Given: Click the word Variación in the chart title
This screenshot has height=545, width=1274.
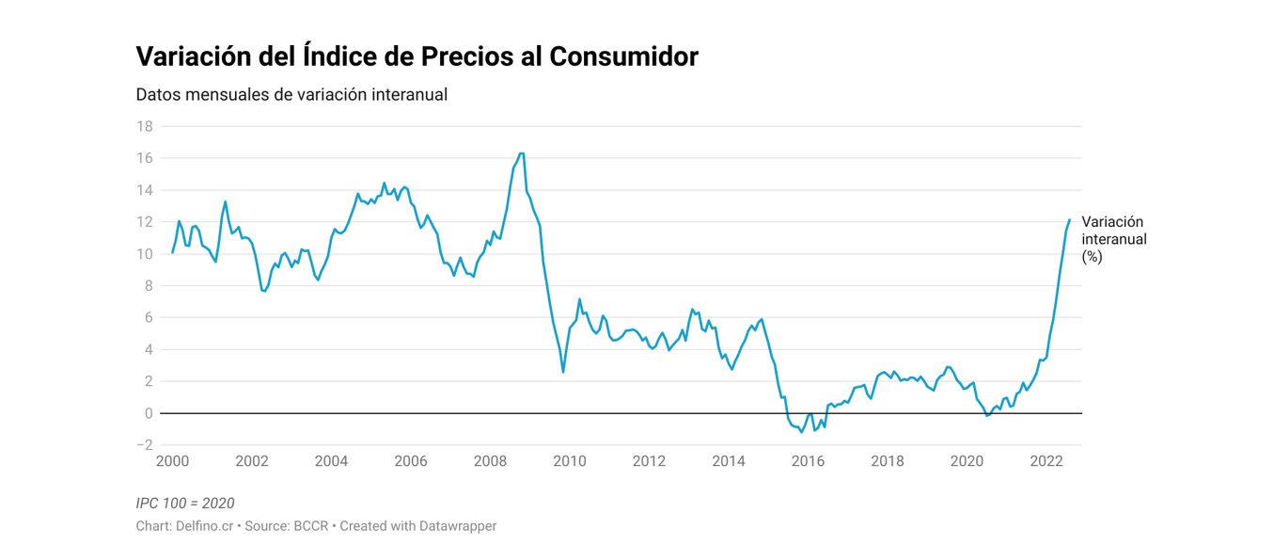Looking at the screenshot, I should click(x=195, y=56).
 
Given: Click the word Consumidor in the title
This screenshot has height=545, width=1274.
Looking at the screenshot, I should click(x=623, y=56).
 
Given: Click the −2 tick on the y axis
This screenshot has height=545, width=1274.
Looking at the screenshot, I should click(x=144, y=445).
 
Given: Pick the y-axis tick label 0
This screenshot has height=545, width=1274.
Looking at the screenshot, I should click(x=149, y=413).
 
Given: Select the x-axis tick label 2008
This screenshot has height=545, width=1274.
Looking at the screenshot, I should click(x=490, y=461).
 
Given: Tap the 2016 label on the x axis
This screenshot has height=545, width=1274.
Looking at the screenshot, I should click(x=808, y=461).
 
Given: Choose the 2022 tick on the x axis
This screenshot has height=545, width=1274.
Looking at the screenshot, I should click(x=1046, y=461).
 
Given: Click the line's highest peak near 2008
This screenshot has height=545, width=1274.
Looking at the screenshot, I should click(x=522, y=152).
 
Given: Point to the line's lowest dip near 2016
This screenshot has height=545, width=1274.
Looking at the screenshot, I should click(x=801, y=431).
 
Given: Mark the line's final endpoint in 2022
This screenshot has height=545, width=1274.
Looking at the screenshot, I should click(x=1069, y=219).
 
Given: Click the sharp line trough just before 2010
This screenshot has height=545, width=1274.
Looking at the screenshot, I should click(x=563, y=372).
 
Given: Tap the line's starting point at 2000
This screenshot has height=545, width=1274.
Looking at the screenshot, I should click(x=172, y=252).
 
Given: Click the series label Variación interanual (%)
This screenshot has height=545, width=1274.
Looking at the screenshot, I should click(x=1114, y=239).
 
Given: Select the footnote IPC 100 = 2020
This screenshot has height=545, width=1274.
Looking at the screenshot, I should click(x=185, y=504).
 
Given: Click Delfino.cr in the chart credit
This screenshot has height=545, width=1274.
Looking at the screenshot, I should click(x=204, y=526).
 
